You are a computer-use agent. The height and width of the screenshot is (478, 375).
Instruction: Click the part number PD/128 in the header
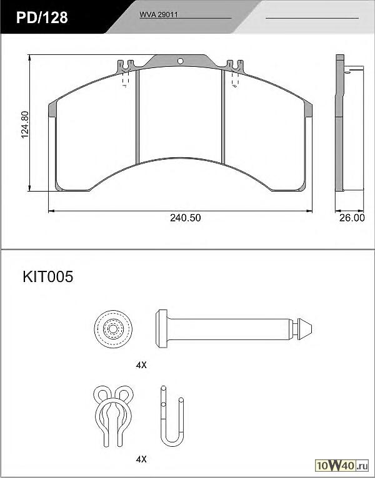point(42,17)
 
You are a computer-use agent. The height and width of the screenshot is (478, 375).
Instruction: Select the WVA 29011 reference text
point(159,14)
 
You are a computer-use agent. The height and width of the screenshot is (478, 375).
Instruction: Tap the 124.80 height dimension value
point(25,124)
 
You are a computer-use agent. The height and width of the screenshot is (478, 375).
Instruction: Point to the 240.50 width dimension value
point(186,218)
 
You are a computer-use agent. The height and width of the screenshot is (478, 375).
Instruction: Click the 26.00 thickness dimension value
point(352,218)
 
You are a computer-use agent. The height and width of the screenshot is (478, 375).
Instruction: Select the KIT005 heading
point(48,277)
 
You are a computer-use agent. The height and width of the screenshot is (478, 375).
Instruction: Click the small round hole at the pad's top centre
point(181,61)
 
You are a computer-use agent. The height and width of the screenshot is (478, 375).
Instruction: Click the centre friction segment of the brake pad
point(180,114)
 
